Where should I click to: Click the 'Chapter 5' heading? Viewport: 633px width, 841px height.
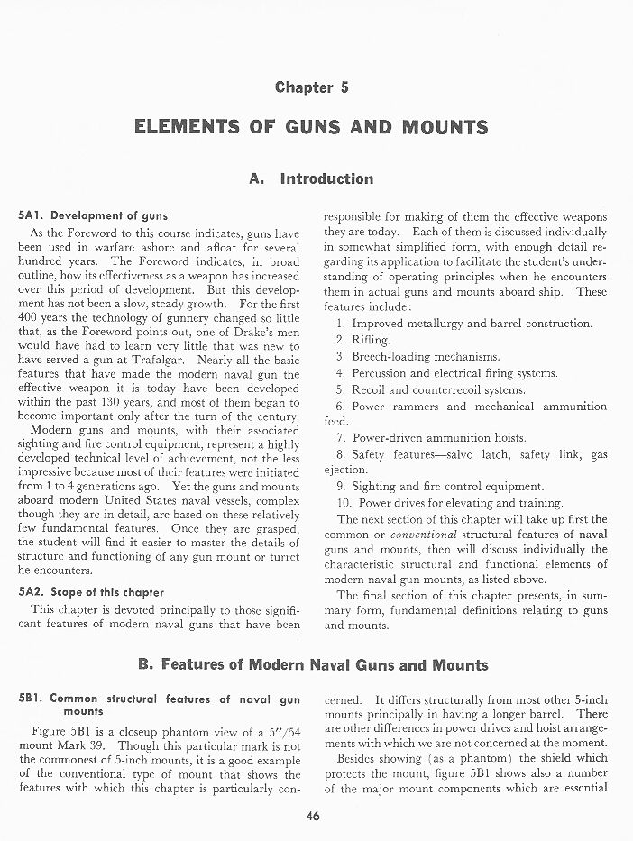(311, 87)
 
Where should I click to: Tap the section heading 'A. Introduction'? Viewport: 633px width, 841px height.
(311, 178)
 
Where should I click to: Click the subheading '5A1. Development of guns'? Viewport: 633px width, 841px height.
(93, 216)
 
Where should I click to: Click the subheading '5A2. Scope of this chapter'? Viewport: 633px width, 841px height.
(91, 592)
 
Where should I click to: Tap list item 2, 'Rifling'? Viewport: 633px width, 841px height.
(371, 340)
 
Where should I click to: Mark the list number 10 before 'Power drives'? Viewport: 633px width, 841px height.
(344, 502)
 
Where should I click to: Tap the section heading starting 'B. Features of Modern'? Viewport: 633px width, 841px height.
(313, 666)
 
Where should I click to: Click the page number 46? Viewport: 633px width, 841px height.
(313, 817)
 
